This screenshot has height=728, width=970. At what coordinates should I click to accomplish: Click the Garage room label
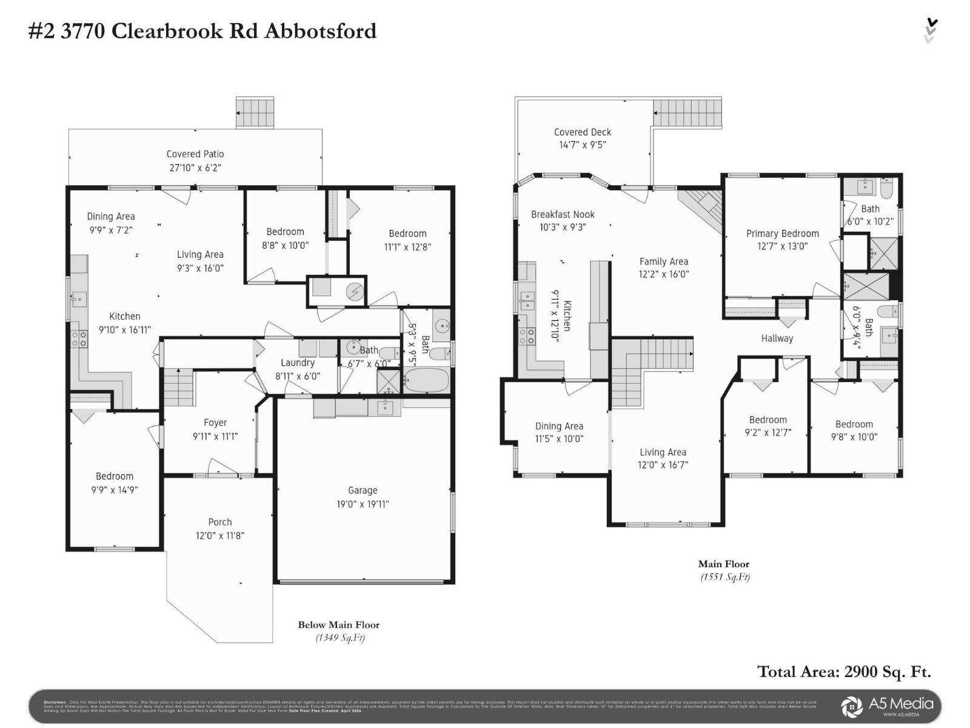(363, 490)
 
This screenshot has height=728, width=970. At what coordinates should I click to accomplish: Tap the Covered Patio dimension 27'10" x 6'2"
(195, 168)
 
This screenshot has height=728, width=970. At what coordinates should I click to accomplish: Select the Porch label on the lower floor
(219, 522)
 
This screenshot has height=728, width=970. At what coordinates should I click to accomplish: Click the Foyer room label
(215, 423)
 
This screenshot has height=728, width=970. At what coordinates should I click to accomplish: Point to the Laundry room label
(297, 363)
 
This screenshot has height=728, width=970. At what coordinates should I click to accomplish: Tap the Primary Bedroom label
(782, 234)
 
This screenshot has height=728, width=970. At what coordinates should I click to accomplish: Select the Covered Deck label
(583, 132)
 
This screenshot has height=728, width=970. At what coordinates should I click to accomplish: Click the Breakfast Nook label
(563, 214)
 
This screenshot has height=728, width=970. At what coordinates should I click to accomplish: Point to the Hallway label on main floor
(777, 339)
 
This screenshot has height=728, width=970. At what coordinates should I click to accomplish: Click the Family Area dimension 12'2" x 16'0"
(664, 274)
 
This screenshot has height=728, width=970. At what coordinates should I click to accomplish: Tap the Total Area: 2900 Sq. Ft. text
(844, 672)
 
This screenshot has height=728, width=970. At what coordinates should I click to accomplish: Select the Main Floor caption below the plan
(724, 564)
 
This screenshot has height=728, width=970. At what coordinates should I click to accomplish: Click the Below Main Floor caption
(338, 625)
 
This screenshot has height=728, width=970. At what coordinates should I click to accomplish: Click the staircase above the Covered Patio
(255, 113)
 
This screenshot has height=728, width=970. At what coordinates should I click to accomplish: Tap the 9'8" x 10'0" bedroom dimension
(854, 437)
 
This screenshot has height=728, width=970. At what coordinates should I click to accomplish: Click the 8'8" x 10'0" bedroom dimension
(285, 246)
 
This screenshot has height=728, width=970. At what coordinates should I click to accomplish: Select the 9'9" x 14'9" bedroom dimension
(114, 490)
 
